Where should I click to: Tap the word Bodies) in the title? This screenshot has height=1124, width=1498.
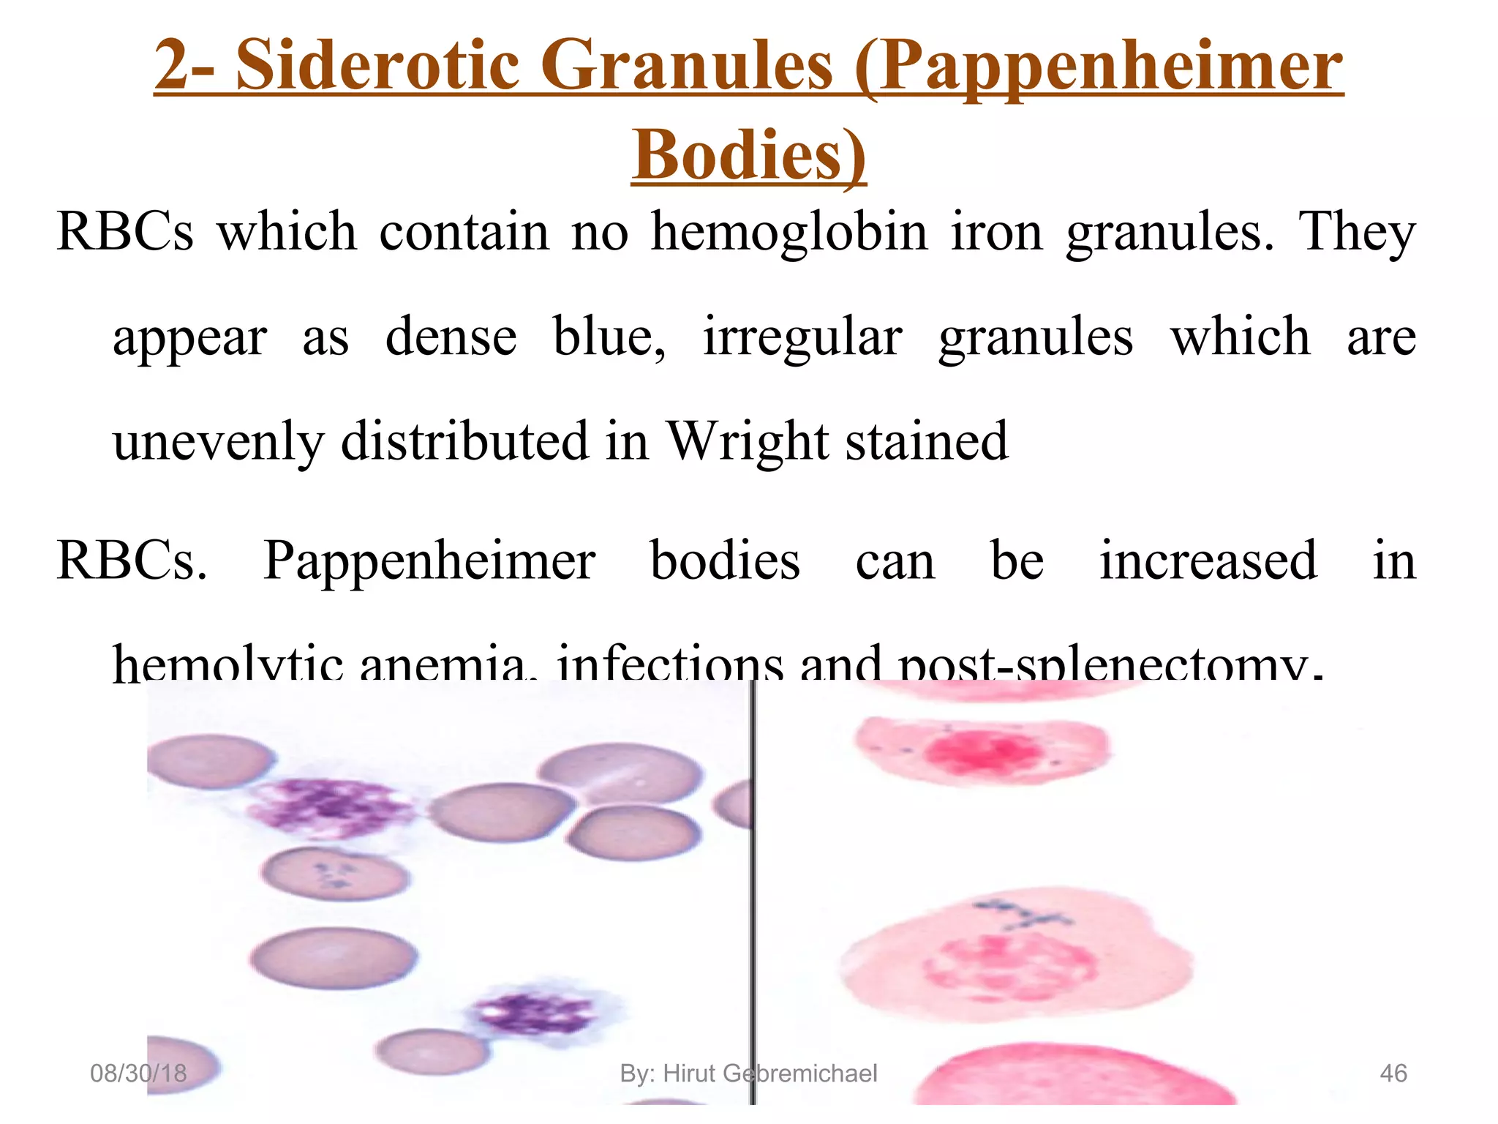[x=748, y=156]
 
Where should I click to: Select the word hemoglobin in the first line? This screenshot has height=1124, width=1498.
[x=789, y=232]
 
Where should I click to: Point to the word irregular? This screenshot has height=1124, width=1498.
[x=802, y=338]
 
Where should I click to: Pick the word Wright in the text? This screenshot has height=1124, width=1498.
[x=748, y=441]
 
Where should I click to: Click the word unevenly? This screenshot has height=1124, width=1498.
[x=217, y=443]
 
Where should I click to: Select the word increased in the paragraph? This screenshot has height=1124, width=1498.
[x=1208, y=561]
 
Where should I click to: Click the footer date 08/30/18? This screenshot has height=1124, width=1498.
[x=138, y=1074]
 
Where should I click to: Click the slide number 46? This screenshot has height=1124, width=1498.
[x=1393, y=1074]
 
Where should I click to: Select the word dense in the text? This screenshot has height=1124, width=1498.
[x=451, y=337]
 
